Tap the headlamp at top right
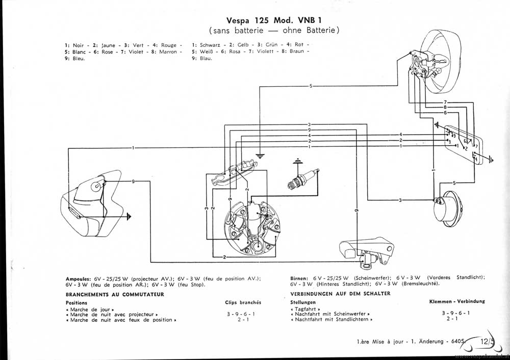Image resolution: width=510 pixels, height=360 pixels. point(434,62)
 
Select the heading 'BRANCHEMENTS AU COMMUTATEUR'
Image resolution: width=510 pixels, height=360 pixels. point(115,294)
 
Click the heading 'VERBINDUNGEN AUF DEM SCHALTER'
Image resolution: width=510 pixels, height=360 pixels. point(340,294)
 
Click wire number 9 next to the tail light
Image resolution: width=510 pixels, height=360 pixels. point(133,182)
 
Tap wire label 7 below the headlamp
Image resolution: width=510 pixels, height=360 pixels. point(445,102)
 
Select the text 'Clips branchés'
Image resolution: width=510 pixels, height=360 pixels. point(243,302)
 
